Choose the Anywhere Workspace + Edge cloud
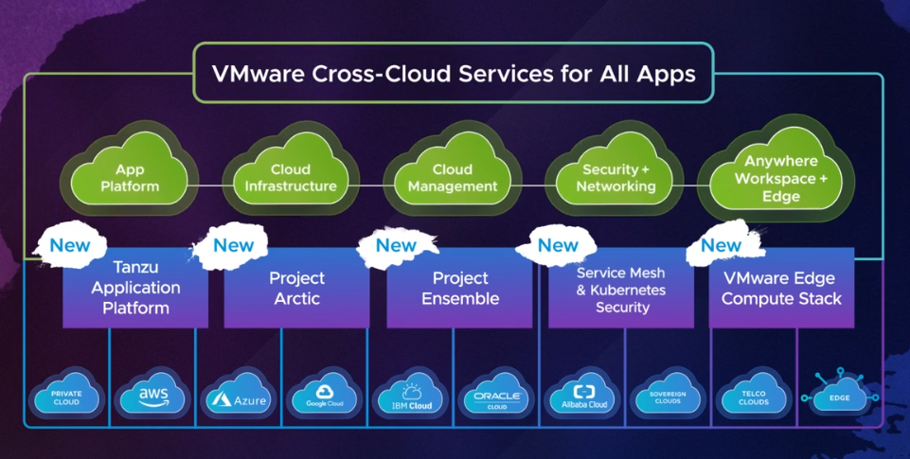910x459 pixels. click(780, 178)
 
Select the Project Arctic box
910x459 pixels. click(296, 289)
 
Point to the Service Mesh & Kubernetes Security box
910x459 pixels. click(621, 289)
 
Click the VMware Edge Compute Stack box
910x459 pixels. click(781, 289)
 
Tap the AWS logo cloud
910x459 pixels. click(152, 396)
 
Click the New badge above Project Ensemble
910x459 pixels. click(396, 245)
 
